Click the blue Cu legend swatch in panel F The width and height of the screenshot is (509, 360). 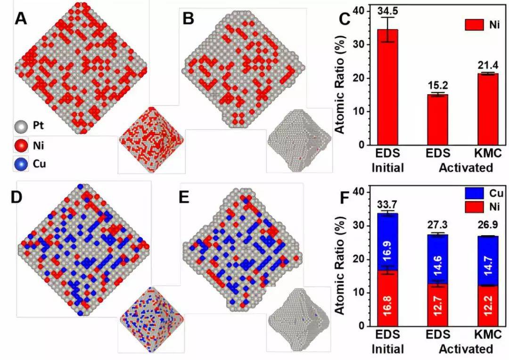(473, 193)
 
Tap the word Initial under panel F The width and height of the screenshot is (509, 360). (387, 349)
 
